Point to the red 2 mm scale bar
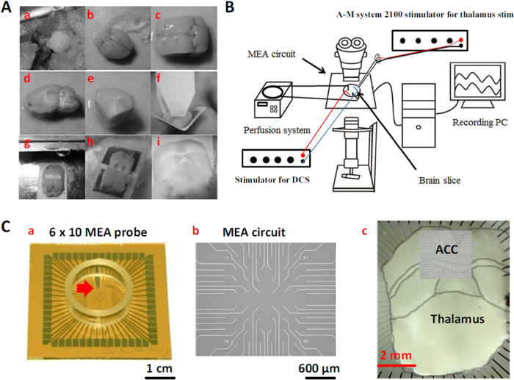coord(397,364)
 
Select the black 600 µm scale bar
coord(321,359)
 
